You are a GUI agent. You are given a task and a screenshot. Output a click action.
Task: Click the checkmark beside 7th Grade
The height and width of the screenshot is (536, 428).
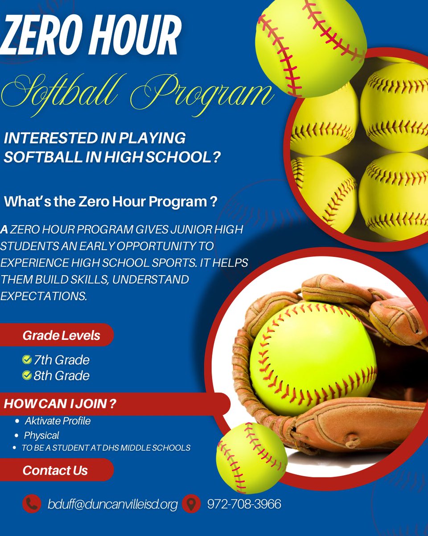(27, 360)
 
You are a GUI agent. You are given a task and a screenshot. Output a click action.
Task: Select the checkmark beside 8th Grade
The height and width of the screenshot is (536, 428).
(27, 375)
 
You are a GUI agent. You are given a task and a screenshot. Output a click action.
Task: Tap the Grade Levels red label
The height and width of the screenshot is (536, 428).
(61, 335)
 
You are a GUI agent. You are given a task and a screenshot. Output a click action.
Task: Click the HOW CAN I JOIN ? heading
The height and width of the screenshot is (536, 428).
(60, 404)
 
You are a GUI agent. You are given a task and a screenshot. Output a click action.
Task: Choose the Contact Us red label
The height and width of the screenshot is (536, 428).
(55, 470)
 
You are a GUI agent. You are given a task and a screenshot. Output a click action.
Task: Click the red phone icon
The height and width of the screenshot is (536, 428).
(32, 504)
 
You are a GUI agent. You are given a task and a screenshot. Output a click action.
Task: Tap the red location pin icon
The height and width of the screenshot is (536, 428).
(191, 504)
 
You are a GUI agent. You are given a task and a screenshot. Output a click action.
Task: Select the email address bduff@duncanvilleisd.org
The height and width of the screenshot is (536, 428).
(112, 505)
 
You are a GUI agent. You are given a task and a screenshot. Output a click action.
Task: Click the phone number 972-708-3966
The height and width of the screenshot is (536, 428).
(244, 504)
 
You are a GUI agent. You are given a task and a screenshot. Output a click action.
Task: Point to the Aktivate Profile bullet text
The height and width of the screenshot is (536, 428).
(58, 421)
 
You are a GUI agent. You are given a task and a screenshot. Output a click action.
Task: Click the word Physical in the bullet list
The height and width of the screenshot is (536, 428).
(41, 435)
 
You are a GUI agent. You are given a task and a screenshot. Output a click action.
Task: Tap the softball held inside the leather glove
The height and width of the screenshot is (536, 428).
(312, 357)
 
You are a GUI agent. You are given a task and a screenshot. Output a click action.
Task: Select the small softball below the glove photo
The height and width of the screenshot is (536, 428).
(251, 458)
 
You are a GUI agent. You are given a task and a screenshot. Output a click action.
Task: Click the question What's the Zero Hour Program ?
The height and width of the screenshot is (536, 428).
(111, 202)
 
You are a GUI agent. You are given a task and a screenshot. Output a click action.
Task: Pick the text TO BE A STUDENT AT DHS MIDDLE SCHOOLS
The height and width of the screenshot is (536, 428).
(106, 448)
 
